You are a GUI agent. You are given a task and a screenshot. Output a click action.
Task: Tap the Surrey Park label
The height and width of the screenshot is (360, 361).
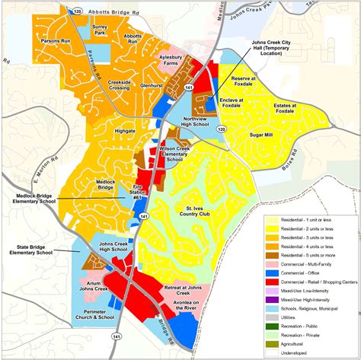pyautogui.click(x=99, y=30)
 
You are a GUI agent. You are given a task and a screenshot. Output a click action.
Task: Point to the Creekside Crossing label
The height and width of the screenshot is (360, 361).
pyautogui.click(x=121, y=82)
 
